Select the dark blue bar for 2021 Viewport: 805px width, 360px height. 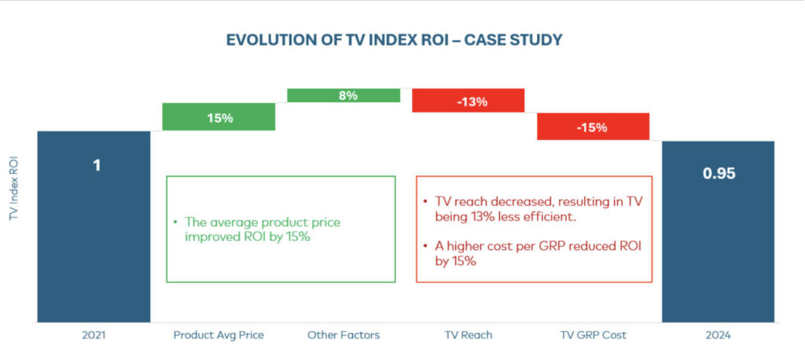pos(94,236)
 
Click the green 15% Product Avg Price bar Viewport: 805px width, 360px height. pos(219,117)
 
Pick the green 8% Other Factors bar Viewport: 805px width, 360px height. pos(344,95)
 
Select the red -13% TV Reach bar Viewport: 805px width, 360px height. pos(468,101)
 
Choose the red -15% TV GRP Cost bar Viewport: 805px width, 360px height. pos(593,127)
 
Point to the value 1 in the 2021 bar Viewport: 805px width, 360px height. pos(97,166)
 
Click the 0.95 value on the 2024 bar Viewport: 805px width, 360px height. pos(719,174)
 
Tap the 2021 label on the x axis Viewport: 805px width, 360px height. pos(94,336)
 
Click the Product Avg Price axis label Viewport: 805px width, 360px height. pos(219,336)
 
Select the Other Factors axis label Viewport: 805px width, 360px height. pos(344,336)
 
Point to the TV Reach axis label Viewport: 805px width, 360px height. pos(468,336)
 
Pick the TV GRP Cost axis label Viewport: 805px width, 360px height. pos(593,336)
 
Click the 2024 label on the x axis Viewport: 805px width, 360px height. pos(718,336)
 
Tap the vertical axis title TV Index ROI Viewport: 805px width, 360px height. pos(14,189)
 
